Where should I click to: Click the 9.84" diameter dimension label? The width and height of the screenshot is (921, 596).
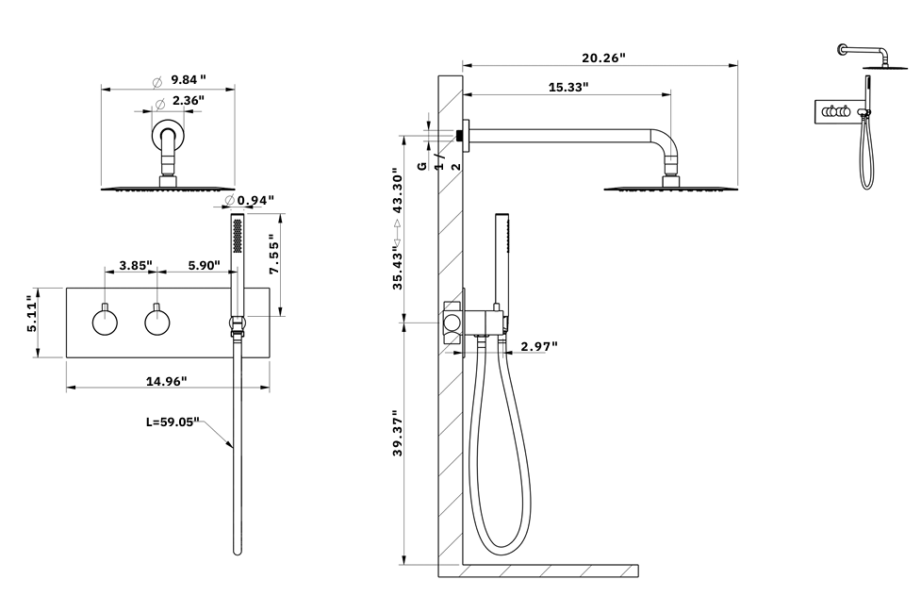pyautogui.click(x=189, y=79)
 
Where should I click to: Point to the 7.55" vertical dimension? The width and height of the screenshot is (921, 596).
pyautogui.click(x=274, y=254)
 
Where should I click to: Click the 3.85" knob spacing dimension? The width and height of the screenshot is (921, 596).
pyautogui.click(x=136, y=266)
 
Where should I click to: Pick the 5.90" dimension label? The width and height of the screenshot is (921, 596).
pyautogui.click(x=203, y=266)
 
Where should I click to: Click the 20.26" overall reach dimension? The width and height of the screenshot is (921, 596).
pyautogui.click(x=603, y=58)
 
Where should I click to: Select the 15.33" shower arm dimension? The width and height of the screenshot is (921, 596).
pyautogui.click(x=568, y=87)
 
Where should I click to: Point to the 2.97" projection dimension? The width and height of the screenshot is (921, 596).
pyautogui.click(x=539, y=346)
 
